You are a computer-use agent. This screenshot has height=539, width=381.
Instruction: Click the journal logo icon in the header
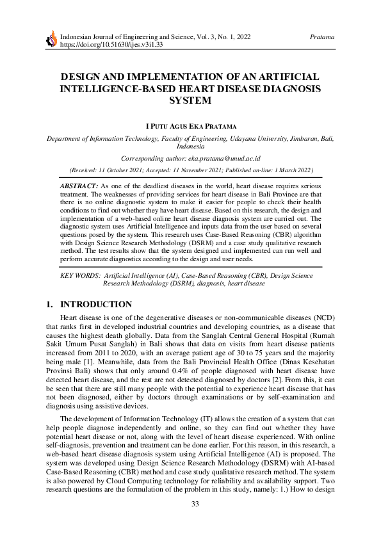(52, 41)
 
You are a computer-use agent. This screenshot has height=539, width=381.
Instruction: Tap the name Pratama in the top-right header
(321, 37)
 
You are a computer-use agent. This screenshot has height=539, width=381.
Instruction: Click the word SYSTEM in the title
(190, 101)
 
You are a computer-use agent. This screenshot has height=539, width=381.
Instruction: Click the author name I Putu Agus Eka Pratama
(190, 125)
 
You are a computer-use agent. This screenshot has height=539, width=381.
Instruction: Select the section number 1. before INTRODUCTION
(50, 305)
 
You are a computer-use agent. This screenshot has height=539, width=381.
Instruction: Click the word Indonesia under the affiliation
(190, 146)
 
